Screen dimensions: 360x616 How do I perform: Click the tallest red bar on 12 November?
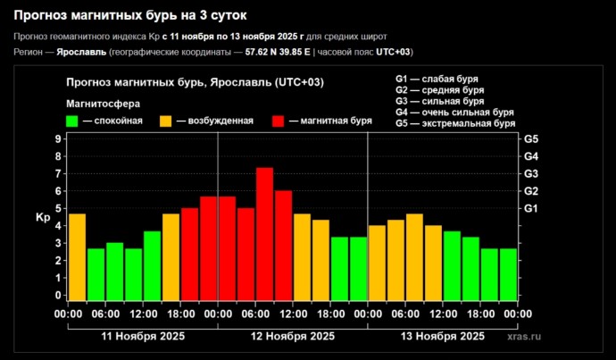click(x=264, y=234)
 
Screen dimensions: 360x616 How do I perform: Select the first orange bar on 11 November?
click(x=77, y=257)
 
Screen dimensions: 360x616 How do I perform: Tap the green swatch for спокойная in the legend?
click(x=72, y=121)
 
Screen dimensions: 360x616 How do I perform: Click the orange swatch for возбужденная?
click(x=166, y=121)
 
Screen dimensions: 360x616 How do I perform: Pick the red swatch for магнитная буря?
click(x=279, y=121)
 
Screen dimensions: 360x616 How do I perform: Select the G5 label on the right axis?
click(x=531, y=139)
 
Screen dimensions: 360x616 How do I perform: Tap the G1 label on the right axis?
click(x=531, y=209)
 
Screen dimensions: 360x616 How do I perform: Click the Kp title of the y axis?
click(x=42, y=218)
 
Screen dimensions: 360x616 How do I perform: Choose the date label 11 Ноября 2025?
click(x=143, y=337)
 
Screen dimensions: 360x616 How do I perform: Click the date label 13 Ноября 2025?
click(x=443, y=337)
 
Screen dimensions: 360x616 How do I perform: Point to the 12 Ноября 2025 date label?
click(x=293, y=337)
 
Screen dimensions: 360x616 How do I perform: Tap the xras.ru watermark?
click(x=524, y=337)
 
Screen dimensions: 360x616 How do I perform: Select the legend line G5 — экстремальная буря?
click(x=454, y=124)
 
